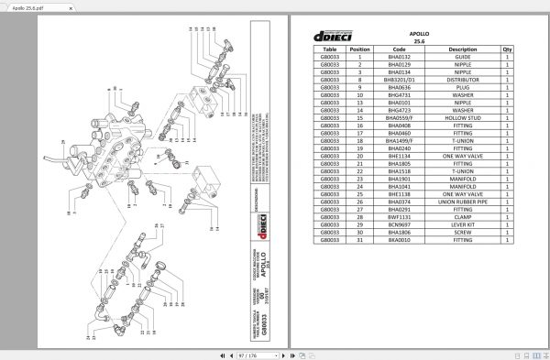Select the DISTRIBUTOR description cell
point(463,81)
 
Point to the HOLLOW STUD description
point(463,118)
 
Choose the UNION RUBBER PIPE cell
point(463,202)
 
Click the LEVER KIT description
point(463,225)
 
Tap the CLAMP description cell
point(463,217)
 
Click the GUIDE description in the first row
point(463,57)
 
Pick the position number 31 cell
point(360,240)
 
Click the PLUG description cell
point(463,88)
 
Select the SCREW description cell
point(463,233)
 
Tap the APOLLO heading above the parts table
point(418,31)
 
